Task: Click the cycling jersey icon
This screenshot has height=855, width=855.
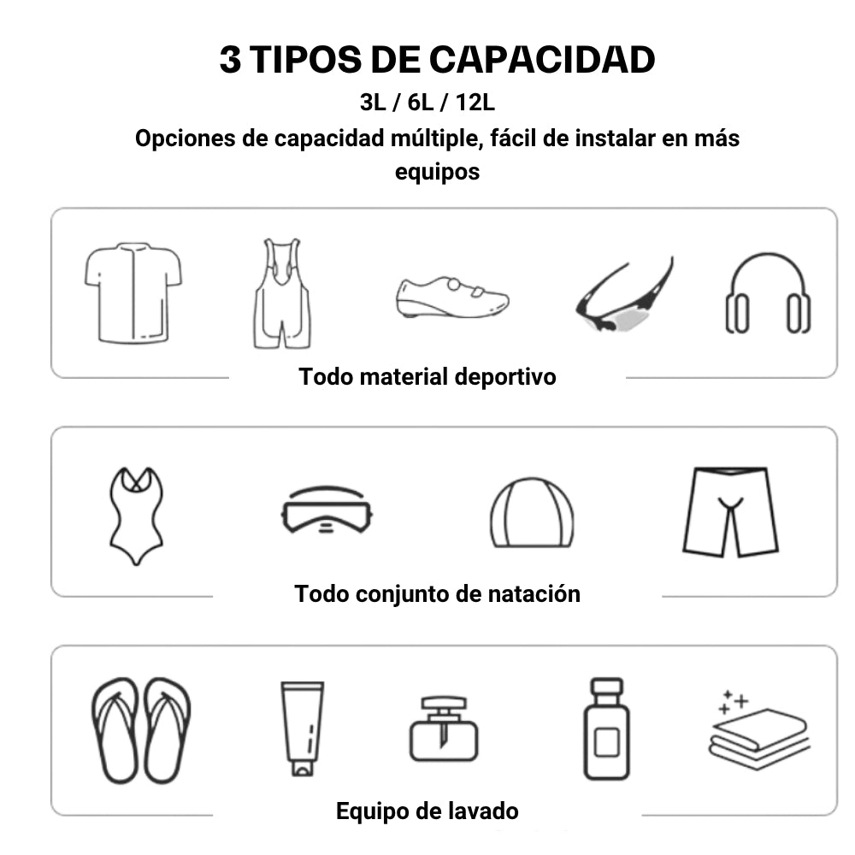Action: point(133,292)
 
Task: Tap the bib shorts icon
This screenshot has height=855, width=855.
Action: point(282,293)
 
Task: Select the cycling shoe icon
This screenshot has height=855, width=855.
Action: point(452,298)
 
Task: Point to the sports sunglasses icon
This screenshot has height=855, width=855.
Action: point(625,298)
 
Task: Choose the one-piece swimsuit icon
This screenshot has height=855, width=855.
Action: point(136,516)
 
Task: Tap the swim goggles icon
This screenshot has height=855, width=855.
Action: point(327,510)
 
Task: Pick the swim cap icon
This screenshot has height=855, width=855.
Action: point(532,512)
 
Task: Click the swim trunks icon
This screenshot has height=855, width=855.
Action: point(730,511)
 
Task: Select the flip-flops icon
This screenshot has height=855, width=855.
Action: point(141,731)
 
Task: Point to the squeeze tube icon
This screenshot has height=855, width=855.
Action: point(303,728)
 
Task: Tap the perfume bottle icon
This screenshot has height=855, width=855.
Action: point(444,729)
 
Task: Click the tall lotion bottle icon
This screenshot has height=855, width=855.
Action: point(606,729)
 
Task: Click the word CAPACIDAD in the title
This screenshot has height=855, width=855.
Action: point(542,60)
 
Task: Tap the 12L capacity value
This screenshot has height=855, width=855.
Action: point(475,103)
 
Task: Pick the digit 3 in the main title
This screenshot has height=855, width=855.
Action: point(230,60)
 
